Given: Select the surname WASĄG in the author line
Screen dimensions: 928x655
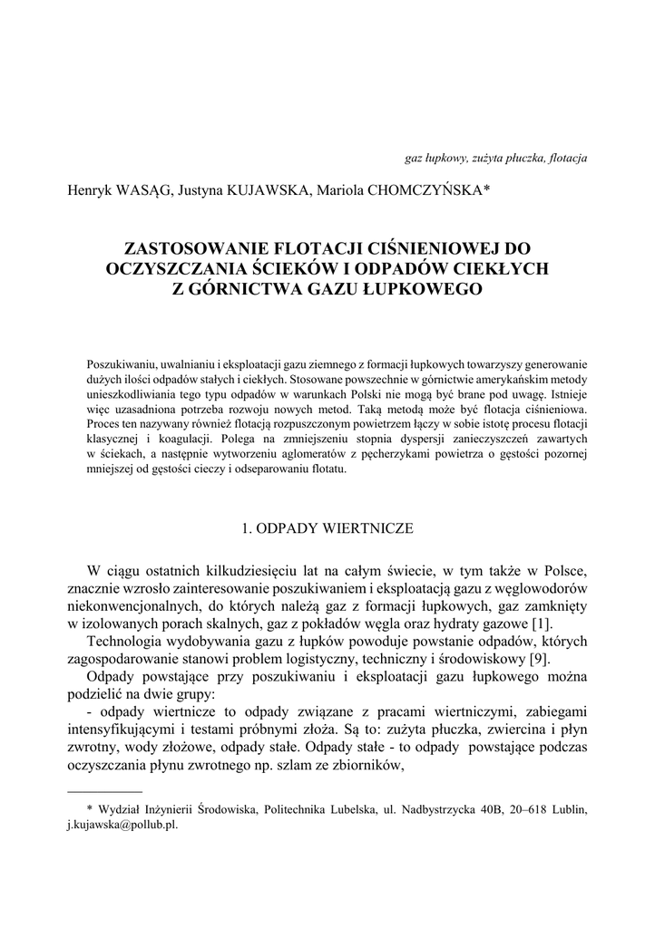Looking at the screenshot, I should click(141, 189).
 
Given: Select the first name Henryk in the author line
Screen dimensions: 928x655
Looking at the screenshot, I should click(88, 189).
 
